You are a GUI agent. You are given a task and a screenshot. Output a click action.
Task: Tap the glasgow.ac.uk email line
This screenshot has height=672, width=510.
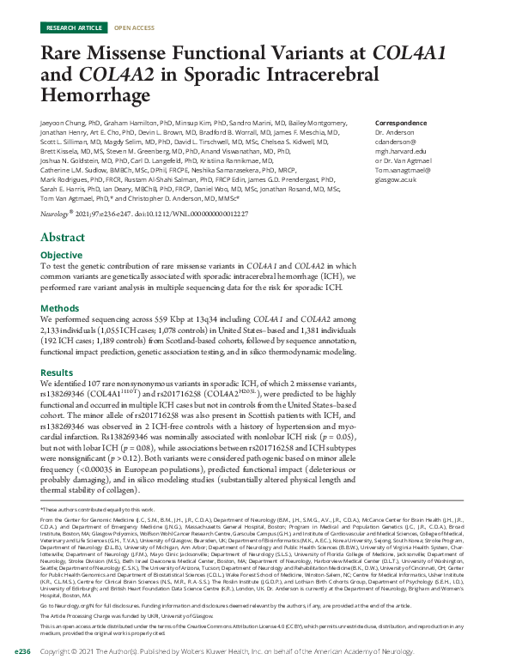point(396,179)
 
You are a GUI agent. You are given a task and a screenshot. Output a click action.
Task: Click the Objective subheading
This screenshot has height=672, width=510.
point(63,255)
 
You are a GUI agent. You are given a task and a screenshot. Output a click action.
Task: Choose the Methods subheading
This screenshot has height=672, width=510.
point(60,306)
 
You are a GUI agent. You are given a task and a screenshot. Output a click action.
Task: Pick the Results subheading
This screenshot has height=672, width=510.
point(58,372)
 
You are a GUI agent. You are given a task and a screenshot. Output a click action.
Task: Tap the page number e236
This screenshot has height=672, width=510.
point(23,652)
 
